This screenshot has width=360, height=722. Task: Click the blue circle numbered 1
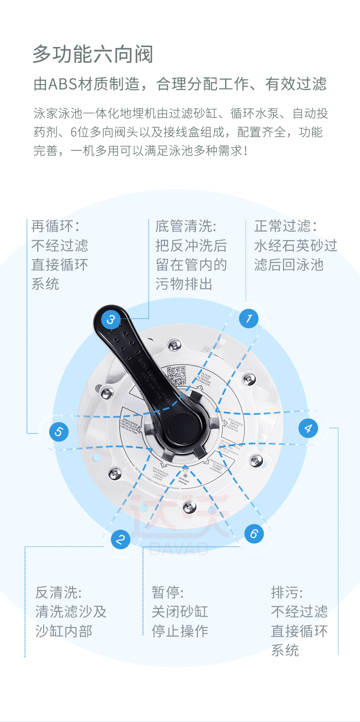coord(249,318)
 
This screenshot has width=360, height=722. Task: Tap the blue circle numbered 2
coord(121,540)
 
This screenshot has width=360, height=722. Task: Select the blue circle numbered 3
coord(110,320)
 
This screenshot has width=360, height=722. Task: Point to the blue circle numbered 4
coord(308,428)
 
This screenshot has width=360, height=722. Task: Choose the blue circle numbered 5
coord(59,432)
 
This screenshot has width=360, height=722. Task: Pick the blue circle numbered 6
coord(254,534)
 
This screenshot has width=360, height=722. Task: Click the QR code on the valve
coord(176,376)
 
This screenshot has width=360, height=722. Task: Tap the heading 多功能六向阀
coord(93,55)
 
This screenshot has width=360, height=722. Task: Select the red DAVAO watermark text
coord(179,548)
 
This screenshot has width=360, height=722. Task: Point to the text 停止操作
coord(180,631)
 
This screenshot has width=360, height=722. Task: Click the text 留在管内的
coord(191,265)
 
